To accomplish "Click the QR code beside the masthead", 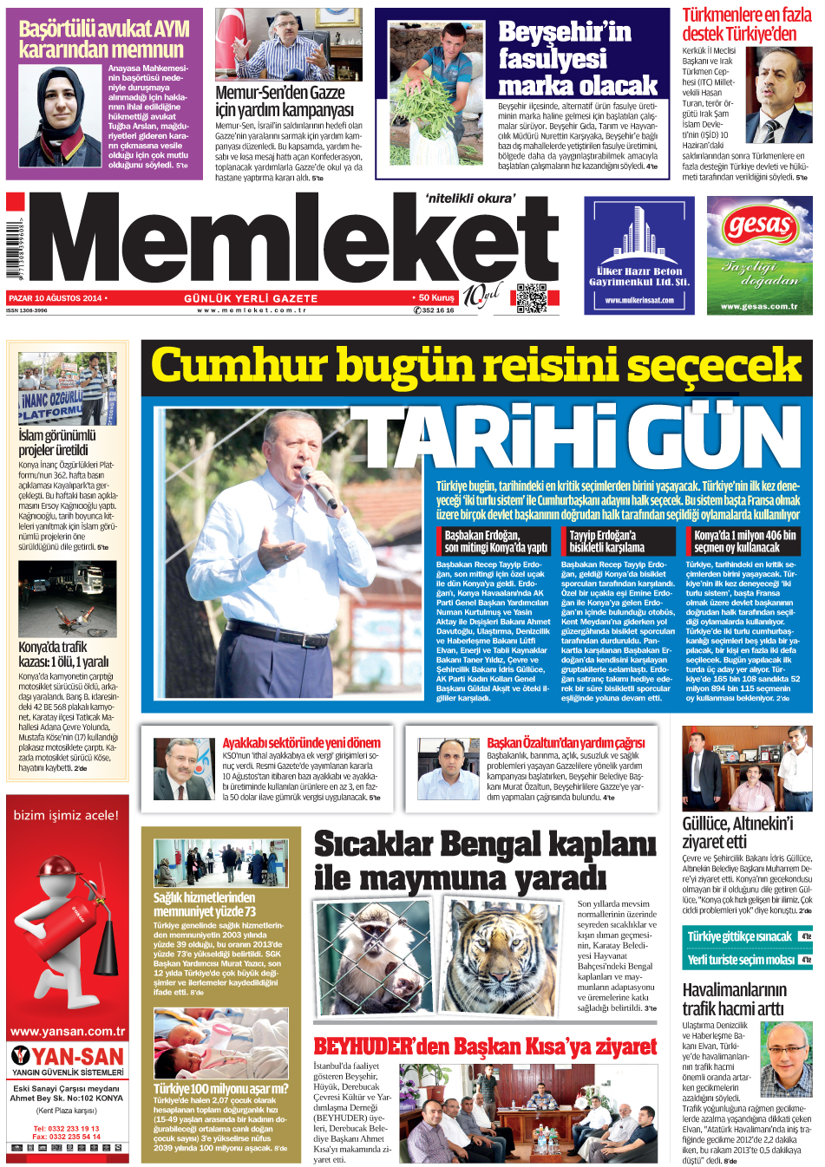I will tap(532, 297).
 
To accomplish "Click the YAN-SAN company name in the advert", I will tap(78, 1056).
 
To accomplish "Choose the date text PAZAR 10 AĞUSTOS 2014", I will tap(56, 298).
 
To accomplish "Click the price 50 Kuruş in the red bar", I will tap(436, 297).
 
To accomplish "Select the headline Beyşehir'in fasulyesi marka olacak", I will tap(577, 59).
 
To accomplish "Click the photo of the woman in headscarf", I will tap(61, 117).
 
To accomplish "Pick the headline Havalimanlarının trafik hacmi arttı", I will tap(734, 999).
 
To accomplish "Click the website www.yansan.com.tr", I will tap(68, 1031).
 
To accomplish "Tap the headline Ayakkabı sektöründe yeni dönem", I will tap(301, 743).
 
